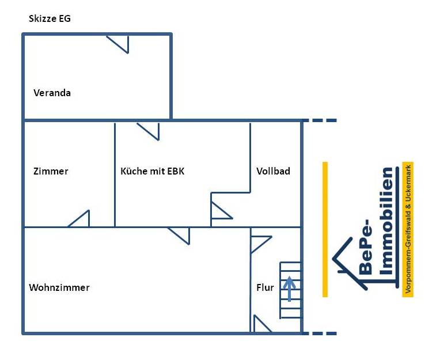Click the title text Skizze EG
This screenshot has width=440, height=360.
[50, 18]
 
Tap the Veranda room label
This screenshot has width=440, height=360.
[52, 93]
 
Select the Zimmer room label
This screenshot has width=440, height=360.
[51, 171]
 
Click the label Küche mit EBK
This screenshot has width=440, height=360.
[152, 171]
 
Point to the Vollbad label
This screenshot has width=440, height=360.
[273, 171]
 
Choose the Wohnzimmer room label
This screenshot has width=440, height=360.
[59, 287]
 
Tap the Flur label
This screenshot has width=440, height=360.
[265, 287]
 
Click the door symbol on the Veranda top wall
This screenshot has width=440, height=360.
[119, 43]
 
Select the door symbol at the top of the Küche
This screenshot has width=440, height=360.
[149, 131]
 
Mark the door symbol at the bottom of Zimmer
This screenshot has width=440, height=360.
[81, 219]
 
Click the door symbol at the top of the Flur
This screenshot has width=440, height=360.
[259, 242]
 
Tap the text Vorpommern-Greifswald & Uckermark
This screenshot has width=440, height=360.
[408, 229]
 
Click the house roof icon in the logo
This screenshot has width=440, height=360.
[348, 256]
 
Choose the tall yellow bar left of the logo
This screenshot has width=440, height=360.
[325, 229]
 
